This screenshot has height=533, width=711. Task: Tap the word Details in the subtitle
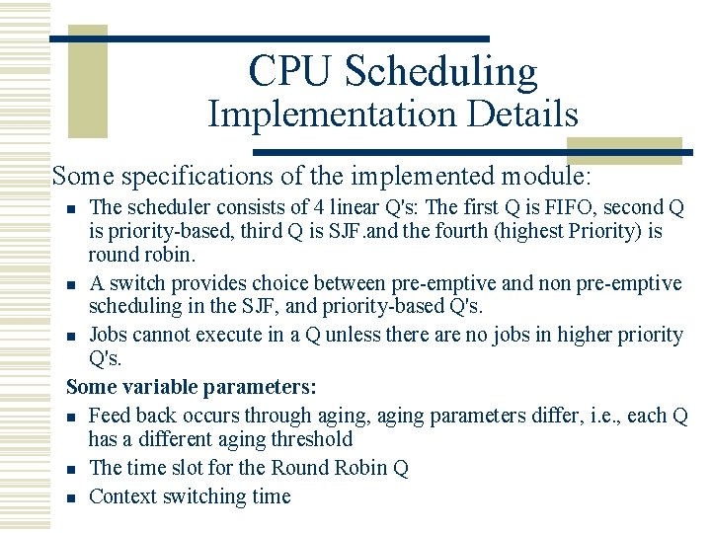523,114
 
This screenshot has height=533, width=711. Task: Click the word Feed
109,415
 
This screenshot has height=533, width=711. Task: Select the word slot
192,468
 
